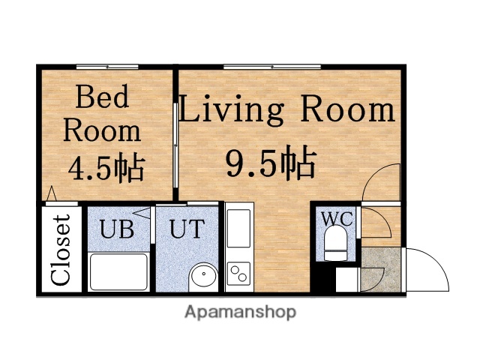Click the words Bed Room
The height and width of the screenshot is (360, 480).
click(x=101, y=113)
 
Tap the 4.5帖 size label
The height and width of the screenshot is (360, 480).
click(x=106, y=167)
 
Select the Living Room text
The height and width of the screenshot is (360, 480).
click(x=286, y=111)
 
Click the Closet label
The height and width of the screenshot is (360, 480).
click(x=61, y=250)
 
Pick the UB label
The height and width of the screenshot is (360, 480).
click(x=118, y=228)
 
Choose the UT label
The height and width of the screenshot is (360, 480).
click(x=186, y=228)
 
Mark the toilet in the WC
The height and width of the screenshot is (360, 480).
click(x=334, y=244)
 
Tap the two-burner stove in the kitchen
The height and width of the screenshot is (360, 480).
click(x=239, y=273)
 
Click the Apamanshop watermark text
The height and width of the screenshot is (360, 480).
click(x=240, y=311)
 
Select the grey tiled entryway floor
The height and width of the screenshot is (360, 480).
click(x=381, y=270)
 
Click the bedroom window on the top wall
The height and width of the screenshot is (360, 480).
click(x=106, y=67)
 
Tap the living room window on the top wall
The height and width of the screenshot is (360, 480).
click(x=271, y=67)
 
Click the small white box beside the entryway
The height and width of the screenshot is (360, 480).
click(x=346, y=279)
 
